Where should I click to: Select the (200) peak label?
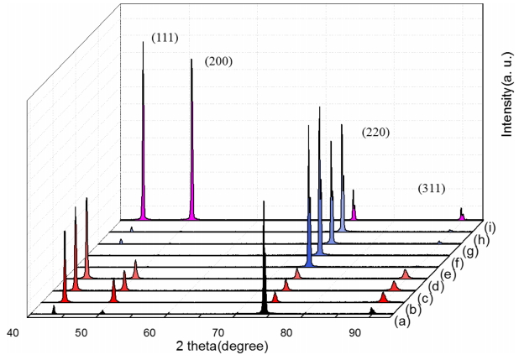(x=218, y=62)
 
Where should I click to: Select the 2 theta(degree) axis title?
(x=223, y=346)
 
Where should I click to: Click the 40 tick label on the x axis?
(x=13, y=333)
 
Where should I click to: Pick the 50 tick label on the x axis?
(x=81, y=333)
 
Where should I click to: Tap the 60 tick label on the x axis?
(x=149, y=333)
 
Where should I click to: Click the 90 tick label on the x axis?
(x=354, y=333)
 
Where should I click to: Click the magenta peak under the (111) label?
(x=143, y=168)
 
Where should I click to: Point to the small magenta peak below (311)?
(x=462, y=216)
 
